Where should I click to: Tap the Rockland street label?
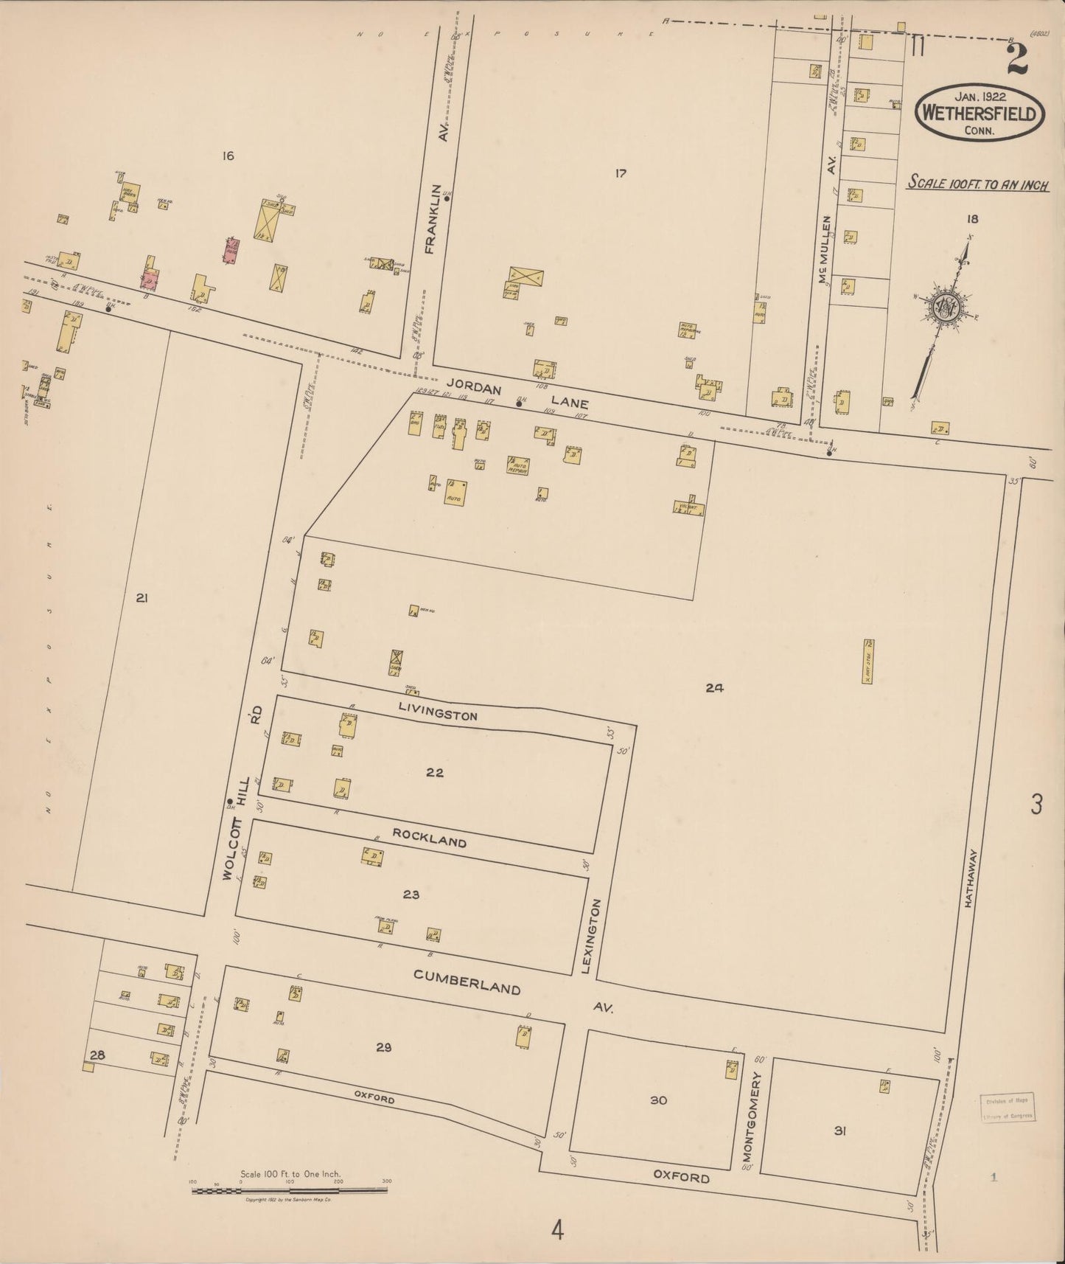point(429,837)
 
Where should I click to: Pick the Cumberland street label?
point(467,982)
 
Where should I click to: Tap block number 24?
point(713,688)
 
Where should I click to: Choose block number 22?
point(435,772)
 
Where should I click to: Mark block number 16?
point(228,156)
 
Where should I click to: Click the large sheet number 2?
point(1017,58)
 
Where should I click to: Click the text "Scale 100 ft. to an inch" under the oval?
point(978,183)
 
